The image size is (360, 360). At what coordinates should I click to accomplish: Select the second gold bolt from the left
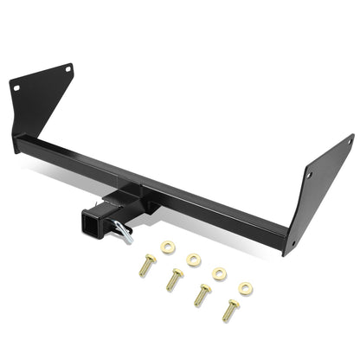coord(175,278)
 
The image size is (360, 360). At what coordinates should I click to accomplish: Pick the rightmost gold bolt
coord(230,309)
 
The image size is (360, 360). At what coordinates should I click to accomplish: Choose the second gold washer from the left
coord(193,259)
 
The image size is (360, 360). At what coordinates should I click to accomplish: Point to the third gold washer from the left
coord(220,273)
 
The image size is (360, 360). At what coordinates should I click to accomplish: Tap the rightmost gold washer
coord(246,289)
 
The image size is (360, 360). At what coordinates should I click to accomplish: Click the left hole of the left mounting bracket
coord(15,85)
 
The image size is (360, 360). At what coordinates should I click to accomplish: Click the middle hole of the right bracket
coord(309,175)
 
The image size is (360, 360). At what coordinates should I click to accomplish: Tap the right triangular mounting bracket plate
coord(320,195)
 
